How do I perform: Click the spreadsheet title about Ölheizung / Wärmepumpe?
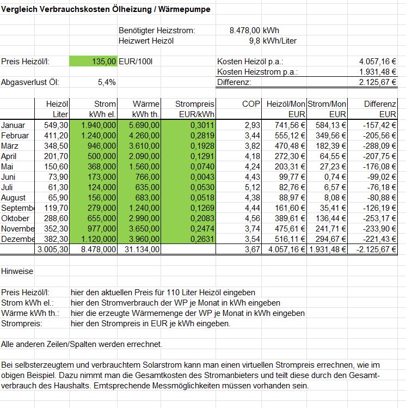106,10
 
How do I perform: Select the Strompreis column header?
195,103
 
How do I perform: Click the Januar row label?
14,125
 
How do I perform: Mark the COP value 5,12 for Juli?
253,187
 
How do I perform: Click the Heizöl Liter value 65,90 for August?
57,198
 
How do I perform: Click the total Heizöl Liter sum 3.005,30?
52,249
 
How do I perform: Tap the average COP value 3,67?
253,249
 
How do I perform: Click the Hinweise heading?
17,271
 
